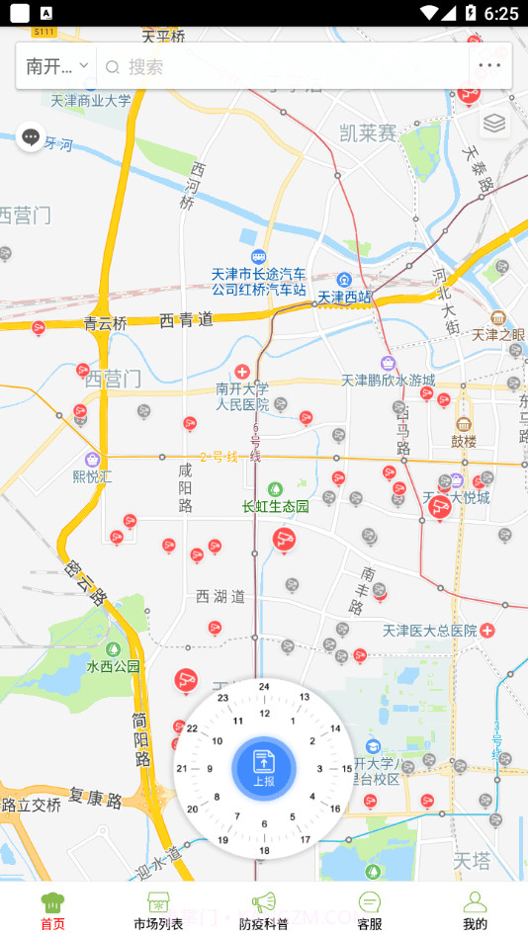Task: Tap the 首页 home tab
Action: click(x=52, y=910)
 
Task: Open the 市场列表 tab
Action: click(x=158, y=910)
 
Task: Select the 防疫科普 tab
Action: click(x=264, y=910)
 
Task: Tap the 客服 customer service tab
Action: click(x=370, y=910)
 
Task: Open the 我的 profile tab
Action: click(x=475, y=910)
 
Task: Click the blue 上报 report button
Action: click(x=264, y=768)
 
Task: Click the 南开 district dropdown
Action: click(x=57, y=66)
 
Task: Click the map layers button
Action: click(x=494, y=123)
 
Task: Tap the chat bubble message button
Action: click(x=31, y=137)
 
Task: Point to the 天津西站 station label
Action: click(x=345, y=296)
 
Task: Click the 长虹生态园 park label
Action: click(x=276, y=506)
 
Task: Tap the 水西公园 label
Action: click(x=114, y=666)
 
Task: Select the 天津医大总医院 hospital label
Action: click(x=431, y=630)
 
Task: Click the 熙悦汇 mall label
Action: click(x=93, y=475)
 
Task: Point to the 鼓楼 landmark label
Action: click(x=464, y=441)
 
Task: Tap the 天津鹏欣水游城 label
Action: click(x=389, y=380)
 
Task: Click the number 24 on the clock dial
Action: click(x=264, y=686)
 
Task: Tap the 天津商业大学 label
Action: click(x=91, y=100)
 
